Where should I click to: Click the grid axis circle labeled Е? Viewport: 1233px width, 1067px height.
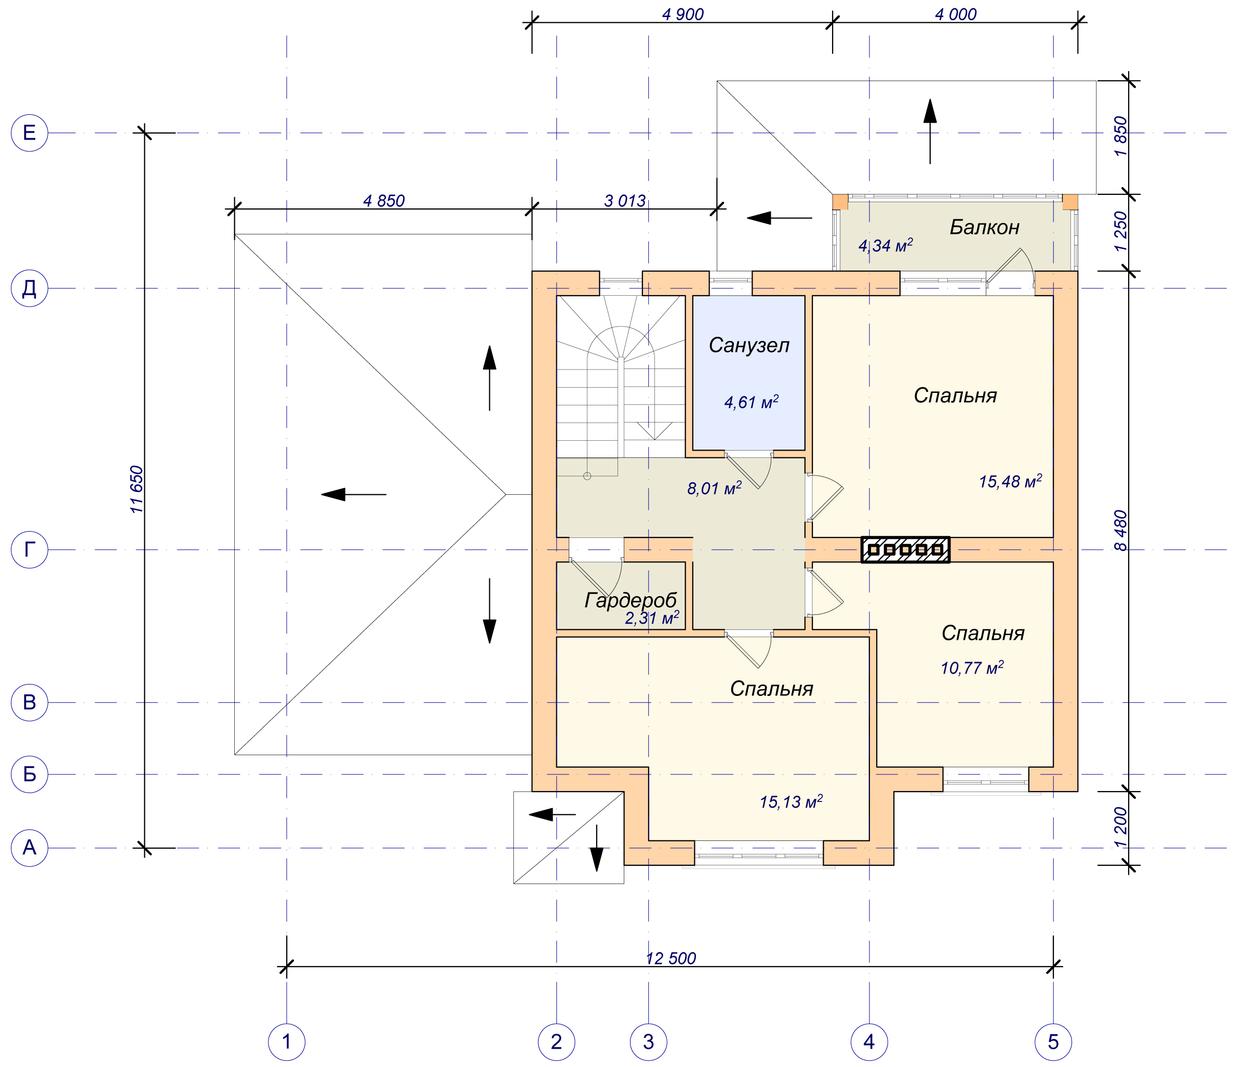point(29,133)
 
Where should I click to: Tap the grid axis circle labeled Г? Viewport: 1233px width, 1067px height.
point(29,549)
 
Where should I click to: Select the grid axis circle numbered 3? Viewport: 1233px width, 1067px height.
point(649,1042)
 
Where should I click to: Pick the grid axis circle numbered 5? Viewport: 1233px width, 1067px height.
point(1053,1042)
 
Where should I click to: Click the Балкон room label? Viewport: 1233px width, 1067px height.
point(984,227)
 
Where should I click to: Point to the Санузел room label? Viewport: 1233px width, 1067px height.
point(749,345)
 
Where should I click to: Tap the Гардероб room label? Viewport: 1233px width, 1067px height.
point(631,601)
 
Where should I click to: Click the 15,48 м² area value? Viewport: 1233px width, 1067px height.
point(1010,481)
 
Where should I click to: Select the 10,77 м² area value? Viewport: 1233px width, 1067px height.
point(972,667)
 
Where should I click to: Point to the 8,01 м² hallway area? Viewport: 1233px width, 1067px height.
point(714,488)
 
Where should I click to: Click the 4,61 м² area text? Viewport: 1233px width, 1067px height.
point(751,402)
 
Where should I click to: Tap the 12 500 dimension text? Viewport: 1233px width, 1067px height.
point(671,958)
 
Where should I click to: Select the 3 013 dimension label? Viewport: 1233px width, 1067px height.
point(625,201)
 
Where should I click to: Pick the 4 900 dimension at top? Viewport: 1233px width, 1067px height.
point(683,14)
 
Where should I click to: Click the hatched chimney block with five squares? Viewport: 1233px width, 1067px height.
point(905,549)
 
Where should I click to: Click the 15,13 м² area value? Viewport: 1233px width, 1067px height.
point(791,802)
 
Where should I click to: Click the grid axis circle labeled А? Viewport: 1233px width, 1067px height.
point(29,847)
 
